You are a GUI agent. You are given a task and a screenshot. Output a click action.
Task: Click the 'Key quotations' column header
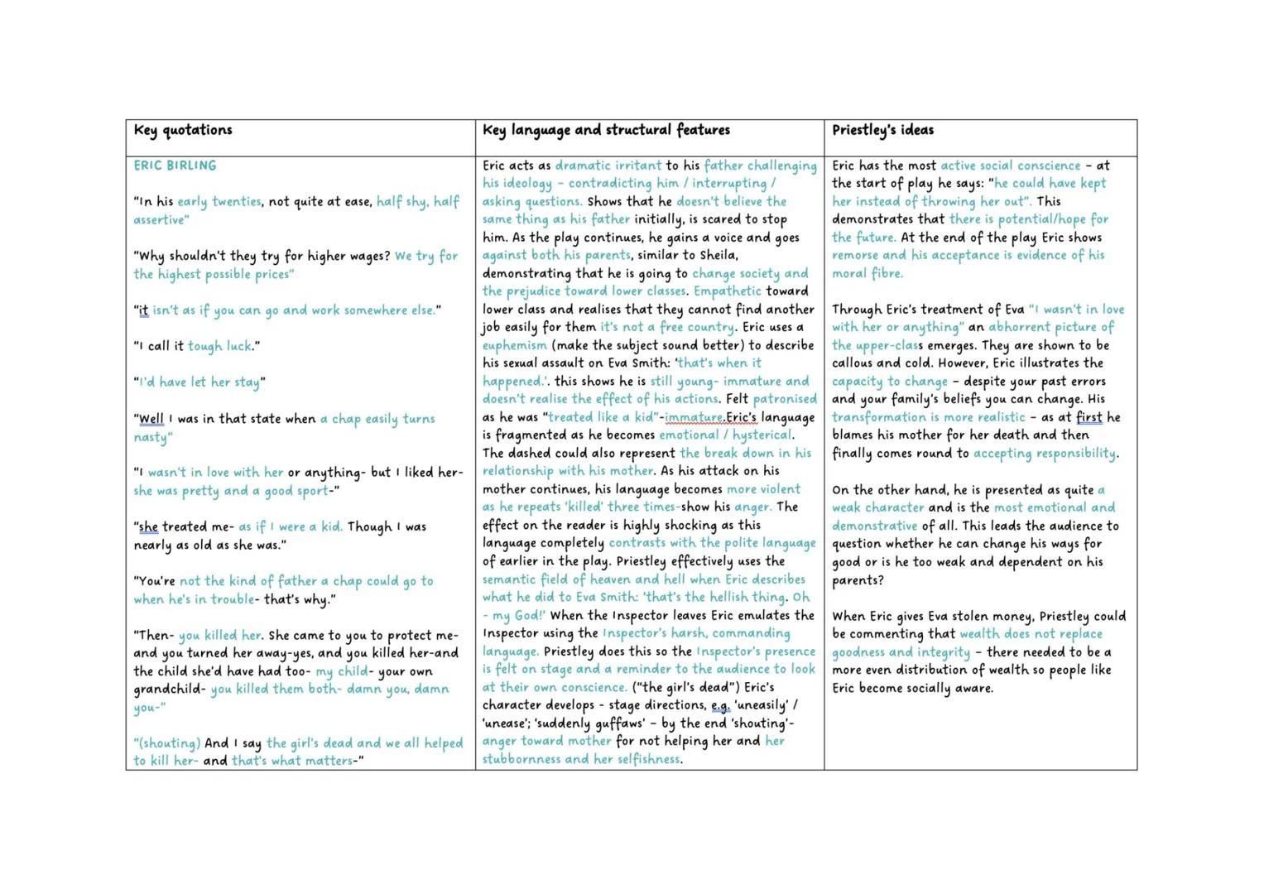(x=183, y=130)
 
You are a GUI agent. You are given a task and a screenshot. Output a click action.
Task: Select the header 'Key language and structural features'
(x=606, y=130)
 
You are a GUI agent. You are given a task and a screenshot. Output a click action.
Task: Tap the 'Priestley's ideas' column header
(x=882, y=130)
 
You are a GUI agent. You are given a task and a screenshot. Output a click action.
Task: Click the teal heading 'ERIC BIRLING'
(x=175, y=166)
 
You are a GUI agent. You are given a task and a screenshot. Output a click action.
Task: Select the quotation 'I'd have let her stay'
(x=199, y=382)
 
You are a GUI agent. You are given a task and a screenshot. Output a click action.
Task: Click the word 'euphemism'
(x=514, y=345)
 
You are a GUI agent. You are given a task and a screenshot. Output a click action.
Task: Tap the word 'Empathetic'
(x=728, y=291)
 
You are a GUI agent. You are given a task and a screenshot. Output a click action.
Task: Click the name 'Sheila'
(x=719, y=255)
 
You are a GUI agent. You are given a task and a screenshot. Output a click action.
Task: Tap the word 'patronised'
(x=785, y=399)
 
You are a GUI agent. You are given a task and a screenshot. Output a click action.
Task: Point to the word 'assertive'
(x=161, y=220)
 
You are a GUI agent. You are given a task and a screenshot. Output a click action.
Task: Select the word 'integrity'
(x=942, y=652)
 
